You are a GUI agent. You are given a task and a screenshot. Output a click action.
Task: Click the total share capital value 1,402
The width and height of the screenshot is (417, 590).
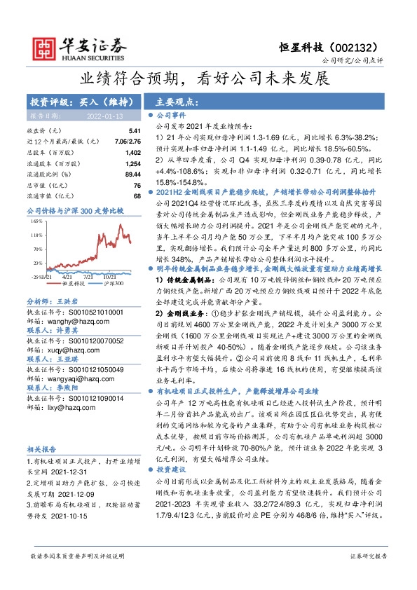tap(132, 152)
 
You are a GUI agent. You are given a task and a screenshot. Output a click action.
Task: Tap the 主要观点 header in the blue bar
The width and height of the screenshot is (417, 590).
tap(176, 101)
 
